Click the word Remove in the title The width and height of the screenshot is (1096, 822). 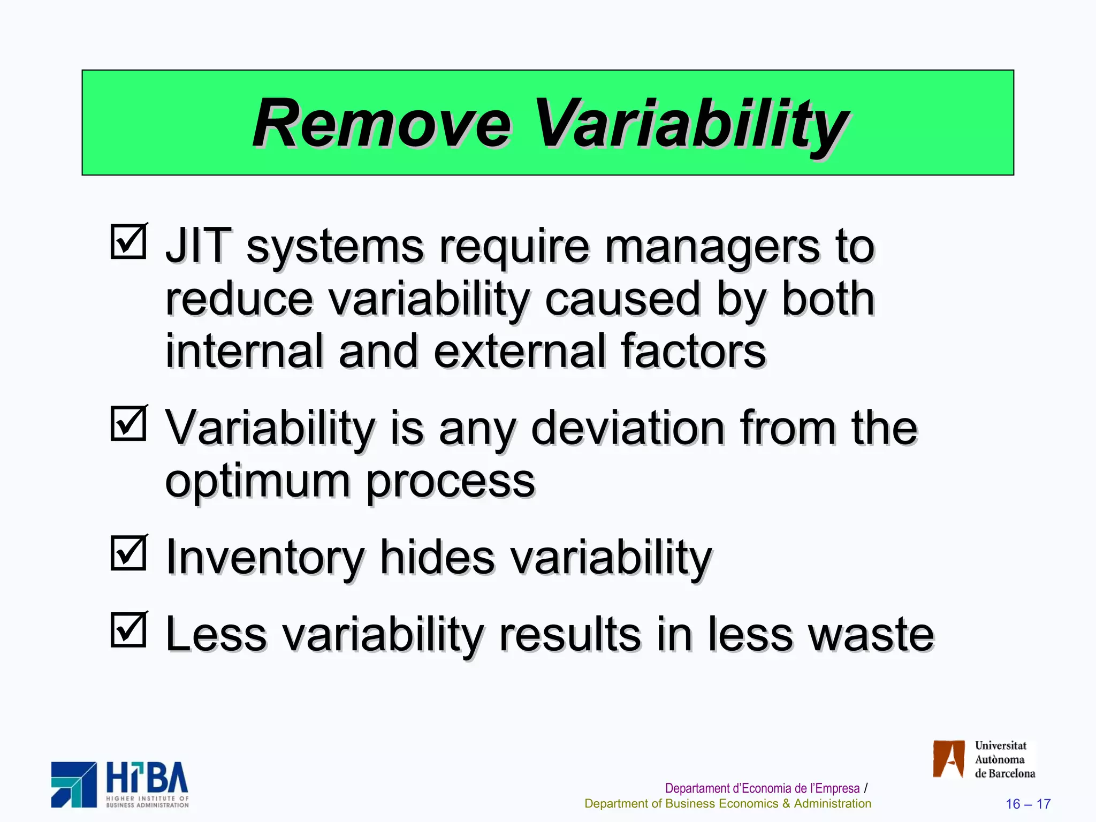(382, 124)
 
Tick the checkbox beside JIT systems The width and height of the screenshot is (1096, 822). (128, 242)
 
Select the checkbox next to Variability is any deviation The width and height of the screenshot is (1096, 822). (128, 423)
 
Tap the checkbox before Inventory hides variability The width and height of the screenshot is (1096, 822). (128, 553)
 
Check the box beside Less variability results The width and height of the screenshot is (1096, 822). (128, 629)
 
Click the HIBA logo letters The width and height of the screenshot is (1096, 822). (147, 778)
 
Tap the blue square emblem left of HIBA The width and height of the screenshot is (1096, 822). (74, 785)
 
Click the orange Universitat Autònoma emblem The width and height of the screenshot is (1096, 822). (948, 759)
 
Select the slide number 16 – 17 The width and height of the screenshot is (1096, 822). (1027, 804)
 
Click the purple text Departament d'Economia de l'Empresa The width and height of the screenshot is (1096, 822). (762, 788)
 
